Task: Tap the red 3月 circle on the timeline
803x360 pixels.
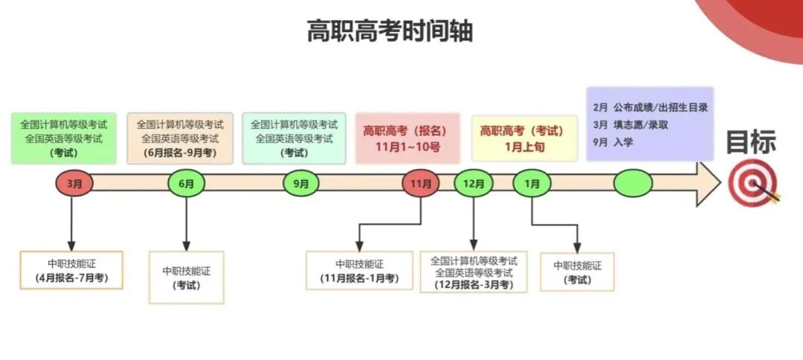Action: [x=74, y=183]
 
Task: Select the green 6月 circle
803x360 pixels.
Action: [x=186, y=183]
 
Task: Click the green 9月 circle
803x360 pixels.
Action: [x=301, y=183]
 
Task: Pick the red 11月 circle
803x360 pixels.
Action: [x=421, y=183]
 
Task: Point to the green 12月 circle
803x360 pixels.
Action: [x=473, y=183]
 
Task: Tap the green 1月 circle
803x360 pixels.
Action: [x=532, y=183]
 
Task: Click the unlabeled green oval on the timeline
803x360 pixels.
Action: [x=633, y=183]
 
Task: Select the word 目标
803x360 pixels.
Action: [x=751, y=141]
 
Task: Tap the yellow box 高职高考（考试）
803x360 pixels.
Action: [x=523, y=138]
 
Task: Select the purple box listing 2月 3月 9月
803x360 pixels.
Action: [x=649, y=123]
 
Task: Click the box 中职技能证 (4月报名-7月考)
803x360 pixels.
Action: [x=71, y=270]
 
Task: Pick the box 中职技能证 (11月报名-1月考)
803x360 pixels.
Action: [x=359, y=271]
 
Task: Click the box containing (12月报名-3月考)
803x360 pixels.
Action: [x=474, y=272]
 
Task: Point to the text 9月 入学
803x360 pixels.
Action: [x=613, y=141]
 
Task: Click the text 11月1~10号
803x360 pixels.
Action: [x=401, y=147]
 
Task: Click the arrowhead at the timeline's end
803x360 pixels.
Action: [x=707, y=183]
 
